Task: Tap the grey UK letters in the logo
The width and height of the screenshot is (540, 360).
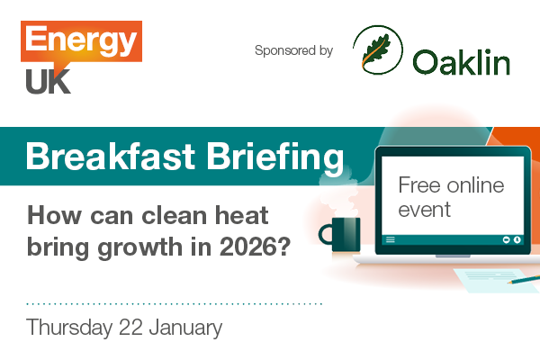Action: coord(48,82)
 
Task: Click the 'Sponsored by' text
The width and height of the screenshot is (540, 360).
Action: coord(293,50)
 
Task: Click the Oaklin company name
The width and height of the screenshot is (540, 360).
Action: coord(462,62)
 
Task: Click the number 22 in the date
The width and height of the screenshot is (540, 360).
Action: coord(131,327)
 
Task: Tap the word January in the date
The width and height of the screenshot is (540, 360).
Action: coord(185,327)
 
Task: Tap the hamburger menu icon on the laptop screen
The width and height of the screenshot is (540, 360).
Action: coord(391,239)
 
